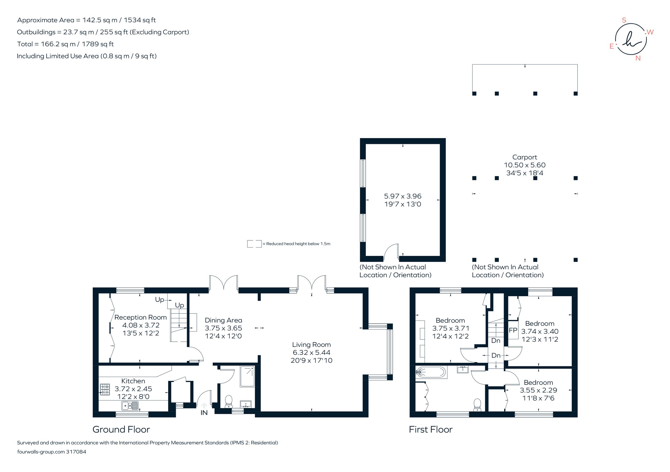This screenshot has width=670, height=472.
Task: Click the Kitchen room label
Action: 133,381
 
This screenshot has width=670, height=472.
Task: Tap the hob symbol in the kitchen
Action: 105,389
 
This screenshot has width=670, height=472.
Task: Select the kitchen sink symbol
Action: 130,406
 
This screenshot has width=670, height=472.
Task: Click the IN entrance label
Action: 204,413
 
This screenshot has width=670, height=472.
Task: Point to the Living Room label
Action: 311,345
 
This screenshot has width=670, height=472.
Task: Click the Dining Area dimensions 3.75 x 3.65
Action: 223,328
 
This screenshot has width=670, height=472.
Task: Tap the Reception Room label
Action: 140,317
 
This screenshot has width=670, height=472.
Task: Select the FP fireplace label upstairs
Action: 513,330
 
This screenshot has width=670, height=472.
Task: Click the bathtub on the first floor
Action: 430,373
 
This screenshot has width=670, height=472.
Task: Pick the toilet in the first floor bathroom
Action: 477,404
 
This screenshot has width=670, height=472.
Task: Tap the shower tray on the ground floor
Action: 247,377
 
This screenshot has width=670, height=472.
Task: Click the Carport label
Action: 525,157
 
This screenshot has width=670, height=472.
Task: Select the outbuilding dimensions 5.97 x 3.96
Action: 403,196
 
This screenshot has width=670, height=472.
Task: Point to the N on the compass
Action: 638,58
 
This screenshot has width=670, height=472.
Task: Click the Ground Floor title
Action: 121,429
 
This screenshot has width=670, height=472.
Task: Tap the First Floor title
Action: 430,429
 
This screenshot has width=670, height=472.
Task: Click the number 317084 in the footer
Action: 76,452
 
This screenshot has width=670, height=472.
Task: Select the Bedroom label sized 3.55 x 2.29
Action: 538,382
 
